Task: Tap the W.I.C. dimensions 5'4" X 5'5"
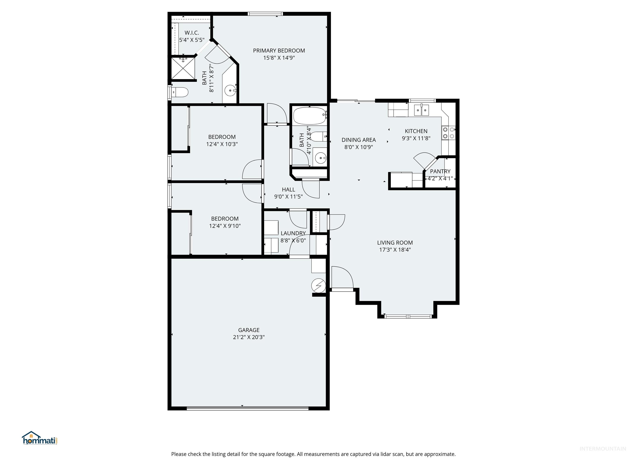192,40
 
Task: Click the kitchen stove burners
448,133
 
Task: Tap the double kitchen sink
421,110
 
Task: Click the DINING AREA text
359,140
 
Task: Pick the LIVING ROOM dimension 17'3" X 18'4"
395,250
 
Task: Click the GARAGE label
249,330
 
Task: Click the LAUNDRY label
293,233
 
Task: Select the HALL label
288,190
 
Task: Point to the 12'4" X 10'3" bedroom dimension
222,144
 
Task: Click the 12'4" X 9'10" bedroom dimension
225,226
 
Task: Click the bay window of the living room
408,316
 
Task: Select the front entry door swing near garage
342,278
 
